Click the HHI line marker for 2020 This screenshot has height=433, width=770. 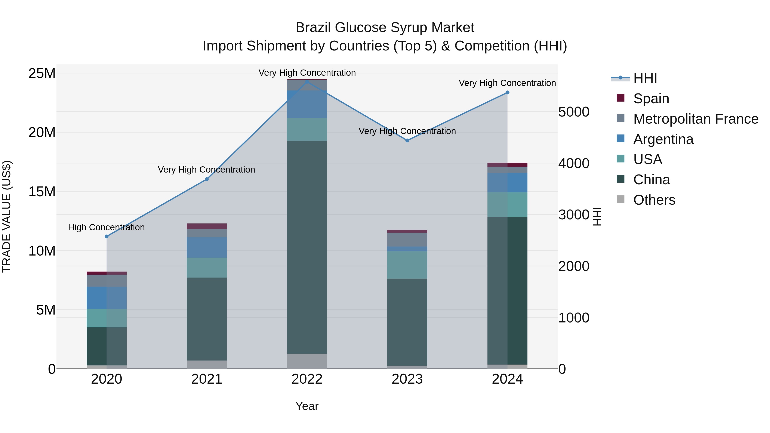coord(107,236)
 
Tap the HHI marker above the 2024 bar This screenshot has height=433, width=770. coord(507,93)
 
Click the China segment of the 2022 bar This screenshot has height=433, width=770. coord(307,247)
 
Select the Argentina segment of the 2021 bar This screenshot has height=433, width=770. coord(207,247)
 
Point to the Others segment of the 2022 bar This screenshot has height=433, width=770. coord(307,361)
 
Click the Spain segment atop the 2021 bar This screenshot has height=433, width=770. coord(207,226)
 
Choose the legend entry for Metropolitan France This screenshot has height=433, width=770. coord(696,119)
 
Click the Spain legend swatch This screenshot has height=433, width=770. coord(620,98)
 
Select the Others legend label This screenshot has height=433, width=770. coord(654,200)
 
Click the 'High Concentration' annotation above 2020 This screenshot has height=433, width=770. coord(107,228)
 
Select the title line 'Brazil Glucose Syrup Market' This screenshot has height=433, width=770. coord(385,28)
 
